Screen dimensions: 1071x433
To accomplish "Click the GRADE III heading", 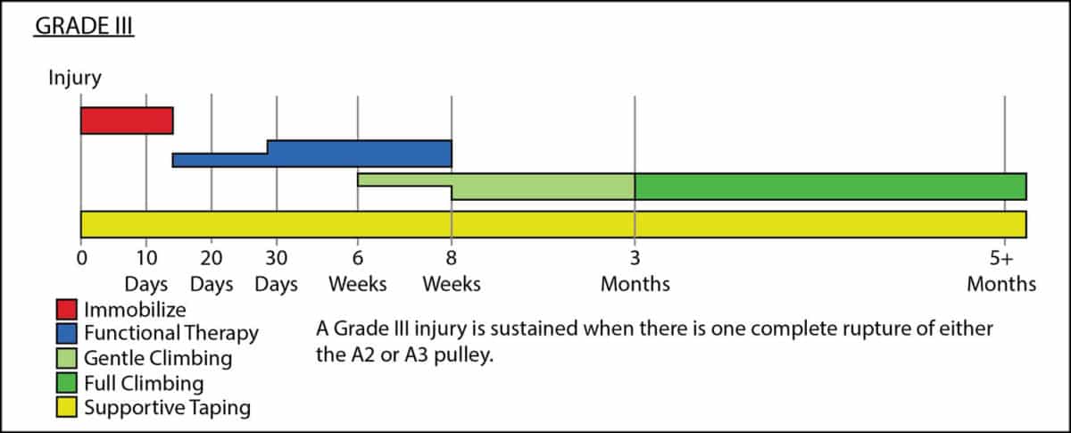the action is (x=84, y=26).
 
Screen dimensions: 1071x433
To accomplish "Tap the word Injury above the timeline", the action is (x=75, y=78).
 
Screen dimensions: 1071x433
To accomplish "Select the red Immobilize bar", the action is (x=127, y=121).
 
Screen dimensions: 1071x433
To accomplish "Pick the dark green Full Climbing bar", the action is (x=831, y=187).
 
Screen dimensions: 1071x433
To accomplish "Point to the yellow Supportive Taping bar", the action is (x=553, y=224).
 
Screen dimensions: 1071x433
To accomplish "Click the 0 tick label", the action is (x=82, y=258).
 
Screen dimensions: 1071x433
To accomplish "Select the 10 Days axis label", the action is (x=146, y=271).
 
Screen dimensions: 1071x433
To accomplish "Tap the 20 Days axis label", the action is (x=212, y=271).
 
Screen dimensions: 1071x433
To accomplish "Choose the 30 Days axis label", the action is (x=277, y=271).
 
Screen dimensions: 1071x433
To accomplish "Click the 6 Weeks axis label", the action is (x=358, y=271).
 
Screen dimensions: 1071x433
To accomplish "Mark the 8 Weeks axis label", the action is (x=452, y=271).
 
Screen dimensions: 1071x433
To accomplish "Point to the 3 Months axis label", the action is (x=635, y=271).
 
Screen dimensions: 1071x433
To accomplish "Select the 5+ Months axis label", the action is (x=1001, y=271).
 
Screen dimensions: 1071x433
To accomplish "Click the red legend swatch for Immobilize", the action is (x=66, y=310).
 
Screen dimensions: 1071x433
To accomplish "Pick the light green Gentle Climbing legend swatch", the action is (x=66, y=358).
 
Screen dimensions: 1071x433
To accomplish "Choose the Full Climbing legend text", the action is (x=144, y=383).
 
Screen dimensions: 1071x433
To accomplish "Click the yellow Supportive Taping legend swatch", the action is (x=66, y=407).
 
